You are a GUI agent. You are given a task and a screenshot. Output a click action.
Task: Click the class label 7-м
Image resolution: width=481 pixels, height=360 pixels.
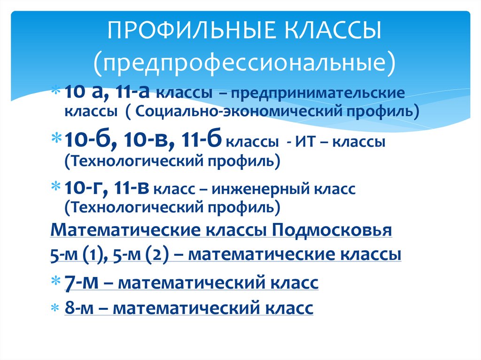point(81,283)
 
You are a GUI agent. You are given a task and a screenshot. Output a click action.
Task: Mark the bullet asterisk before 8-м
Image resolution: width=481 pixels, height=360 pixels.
point(55,308)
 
